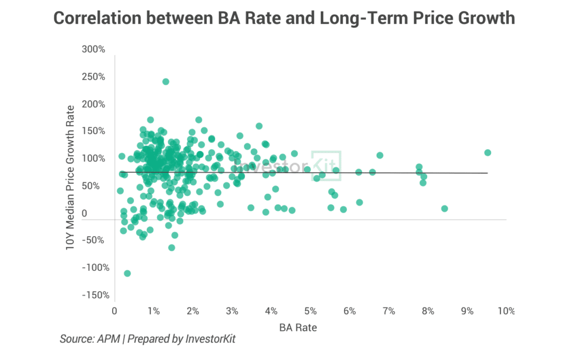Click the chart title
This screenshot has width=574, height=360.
(284, 19)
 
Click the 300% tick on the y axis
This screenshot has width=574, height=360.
(94, 49)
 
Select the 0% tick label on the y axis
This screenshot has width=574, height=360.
(100, 214)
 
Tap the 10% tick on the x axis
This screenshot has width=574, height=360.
(505, 311)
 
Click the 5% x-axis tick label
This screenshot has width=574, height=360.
(310, 311)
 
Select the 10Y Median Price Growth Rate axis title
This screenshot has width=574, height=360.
(71, 177)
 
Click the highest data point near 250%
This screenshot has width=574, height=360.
(166, 81)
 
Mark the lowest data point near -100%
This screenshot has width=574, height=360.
(127, 273)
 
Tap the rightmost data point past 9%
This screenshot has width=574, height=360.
(488, 153)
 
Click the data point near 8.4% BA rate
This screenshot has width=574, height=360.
(445, 208)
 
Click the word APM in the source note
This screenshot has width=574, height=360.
(109, 339)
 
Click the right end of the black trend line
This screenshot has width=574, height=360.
(487, 173)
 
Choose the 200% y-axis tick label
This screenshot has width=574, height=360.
(94, 104)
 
